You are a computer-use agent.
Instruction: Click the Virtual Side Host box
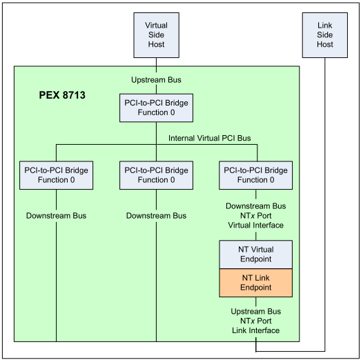pyautogui.click(x=156, y=34)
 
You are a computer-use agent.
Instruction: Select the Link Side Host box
pyautogui.click(x=324, y=34)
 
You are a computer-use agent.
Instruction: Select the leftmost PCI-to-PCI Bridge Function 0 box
pyautogui.click(x=56, y=175)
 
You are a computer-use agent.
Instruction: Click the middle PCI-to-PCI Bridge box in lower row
pyautogui.click(x=156, y=175)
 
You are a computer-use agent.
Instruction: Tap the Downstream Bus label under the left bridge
pyautogui.click(x=56, y=216)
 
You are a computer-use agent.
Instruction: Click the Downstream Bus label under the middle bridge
pyautogui.click(x=156, y=216)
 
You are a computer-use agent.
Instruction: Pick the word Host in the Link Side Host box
pyautogui.click(x=324, y=44)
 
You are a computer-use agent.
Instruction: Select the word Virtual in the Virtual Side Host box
pyautogui.click(x=156, y=25)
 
